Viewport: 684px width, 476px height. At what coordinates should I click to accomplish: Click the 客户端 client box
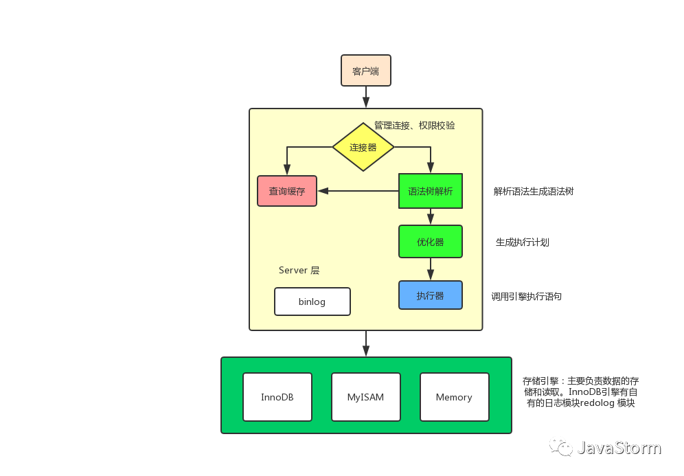(x=366, y=71)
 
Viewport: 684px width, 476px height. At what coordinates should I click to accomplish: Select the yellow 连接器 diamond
(x=363, y=147)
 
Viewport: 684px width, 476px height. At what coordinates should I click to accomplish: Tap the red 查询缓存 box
(x=287, y=191)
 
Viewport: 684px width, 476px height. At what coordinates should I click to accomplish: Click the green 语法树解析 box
(x=431, y=191)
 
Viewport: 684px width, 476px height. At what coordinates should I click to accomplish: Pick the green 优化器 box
(x=431, y=242)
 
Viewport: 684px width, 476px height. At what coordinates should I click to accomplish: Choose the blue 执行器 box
(x=431, y=295)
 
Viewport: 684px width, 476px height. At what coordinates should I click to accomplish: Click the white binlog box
(x=312, y=302)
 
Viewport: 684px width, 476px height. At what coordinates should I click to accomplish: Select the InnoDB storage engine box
(x=277, y=397)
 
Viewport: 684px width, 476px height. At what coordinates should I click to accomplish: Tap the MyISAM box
(x=366, y=397)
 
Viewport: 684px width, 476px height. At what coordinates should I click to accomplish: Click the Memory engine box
(x=454, y=397)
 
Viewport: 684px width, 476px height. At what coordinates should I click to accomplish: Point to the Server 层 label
(x=299, y=270)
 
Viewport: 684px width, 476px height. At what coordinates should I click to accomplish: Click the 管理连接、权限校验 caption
(x=414, y=126)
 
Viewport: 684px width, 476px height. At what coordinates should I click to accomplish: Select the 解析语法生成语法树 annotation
(x=534, y=192)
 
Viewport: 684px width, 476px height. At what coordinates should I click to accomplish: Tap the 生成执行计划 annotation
(x=523, y=242)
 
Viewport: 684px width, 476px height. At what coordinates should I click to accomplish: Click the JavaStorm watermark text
(x=619, y=448)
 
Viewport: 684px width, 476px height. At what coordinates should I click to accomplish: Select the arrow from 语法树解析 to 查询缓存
(x=357, y=191)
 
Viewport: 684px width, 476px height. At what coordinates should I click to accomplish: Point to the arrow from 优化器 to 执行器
(x=431, y=269)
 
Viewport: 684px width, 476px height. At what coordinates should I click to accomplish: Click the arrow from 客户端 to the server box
(x=366, y=97)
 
